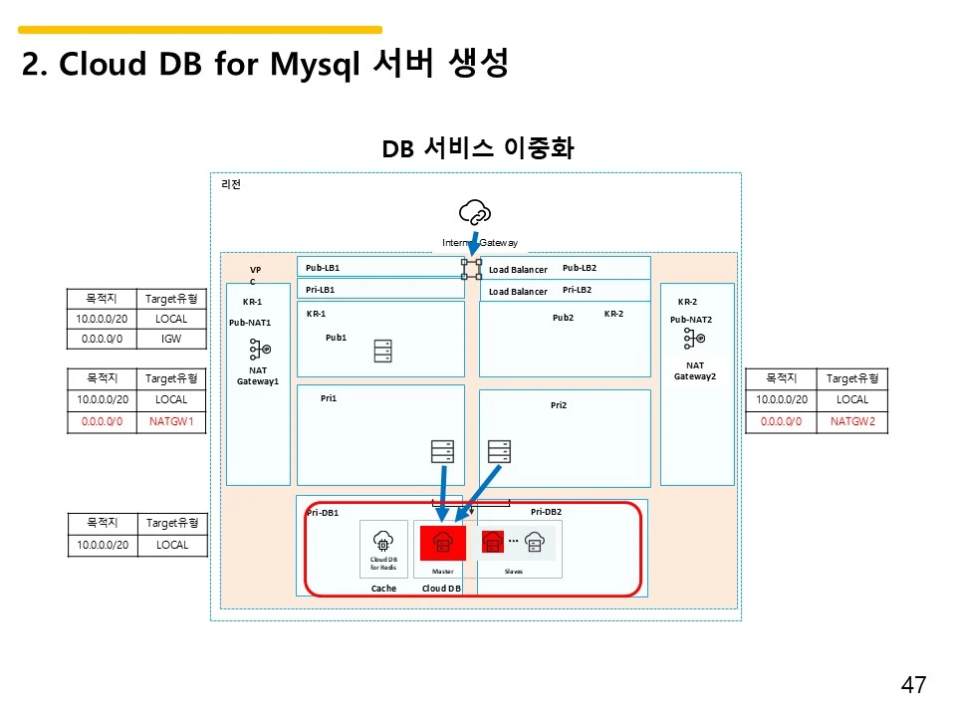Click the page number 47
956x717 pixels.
[913, 685]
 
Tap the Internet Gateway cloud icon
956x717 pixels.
[475, 212]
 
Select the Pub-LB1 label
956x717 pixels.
[323, 268]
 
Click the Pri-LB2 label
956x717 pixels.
[578, 290]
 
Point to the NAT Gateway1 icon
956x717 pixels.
[260, 351]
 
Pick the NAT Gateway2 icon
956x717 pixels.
[695, 340]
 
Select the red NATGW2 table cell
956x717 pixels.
[851, 421]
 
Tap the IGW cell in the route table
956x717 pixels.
[172, 339]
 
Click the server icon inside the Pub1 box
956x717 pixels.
[382, 352]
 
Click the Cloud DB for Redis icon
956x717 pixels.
[383, 542]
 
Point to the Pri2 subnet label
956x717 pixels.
[559, 405]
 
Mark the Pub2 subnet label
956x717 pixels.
[564, 318]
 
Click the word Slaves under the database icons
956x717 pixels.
[514, 572]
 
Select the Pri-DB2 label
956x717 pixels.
[547, 512]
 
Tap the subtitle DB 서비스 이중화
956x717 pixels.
[478, 148]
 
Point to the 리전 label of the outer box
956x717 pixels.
[231, 184]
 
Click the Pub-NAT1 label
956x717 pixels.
[250, 323]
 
